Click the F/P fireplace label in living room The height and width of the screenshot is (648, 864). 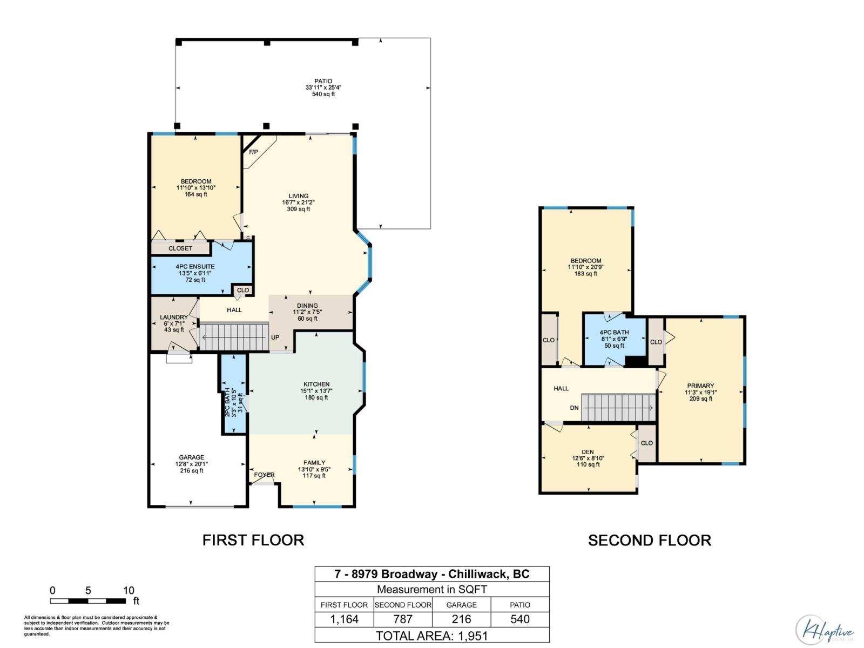[253, 152]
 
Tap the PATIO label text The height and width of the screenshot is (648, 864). [323, 81]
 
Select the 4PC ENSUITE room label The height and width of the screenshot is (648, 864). [195, 266]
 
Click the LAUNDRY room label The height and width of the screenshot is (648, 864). [174, 317]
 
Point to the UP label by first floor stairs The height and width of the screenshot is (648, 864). [275, 337]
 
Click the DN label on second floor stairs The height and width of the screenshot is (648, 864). [574, 408]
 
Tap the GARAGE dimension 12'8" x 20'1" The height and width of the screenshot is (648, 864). [192, 464]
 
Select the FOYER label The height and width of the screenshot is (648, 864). [265, 475]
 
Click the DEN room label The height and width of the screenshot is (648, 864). [588, 452]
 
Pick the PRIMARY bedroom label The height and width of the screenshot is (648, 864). [701, 386]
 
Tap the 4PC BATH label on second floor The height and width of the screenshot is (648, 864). [614, 332]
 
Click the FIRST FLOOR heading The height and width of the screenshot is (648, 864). [253, 540]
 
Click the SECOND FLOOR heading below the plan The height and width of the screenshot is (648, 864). [649, 540]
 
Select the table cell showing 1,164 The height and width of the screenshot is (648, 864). [345, 619]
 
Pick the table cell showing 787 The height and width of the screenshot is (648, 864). [403, 619]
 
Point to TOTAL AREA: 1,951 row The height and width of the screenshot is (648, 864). [432, 636]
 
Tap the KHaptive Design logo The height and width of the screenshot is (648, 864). [825, 630]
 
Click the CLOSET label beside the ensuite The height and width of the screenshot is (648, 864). [180, 248]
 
